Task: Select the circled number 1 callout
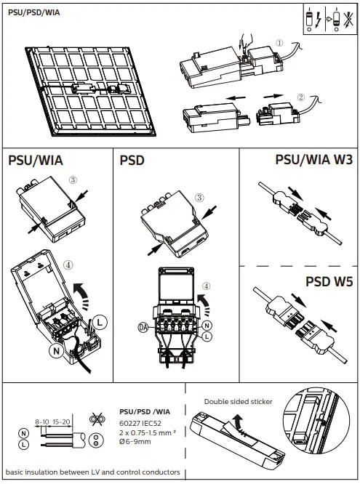coord(280,42)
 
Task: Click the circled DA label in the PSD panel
coord(143,327)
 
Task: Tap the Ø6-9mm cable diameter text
coord(134,440)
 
